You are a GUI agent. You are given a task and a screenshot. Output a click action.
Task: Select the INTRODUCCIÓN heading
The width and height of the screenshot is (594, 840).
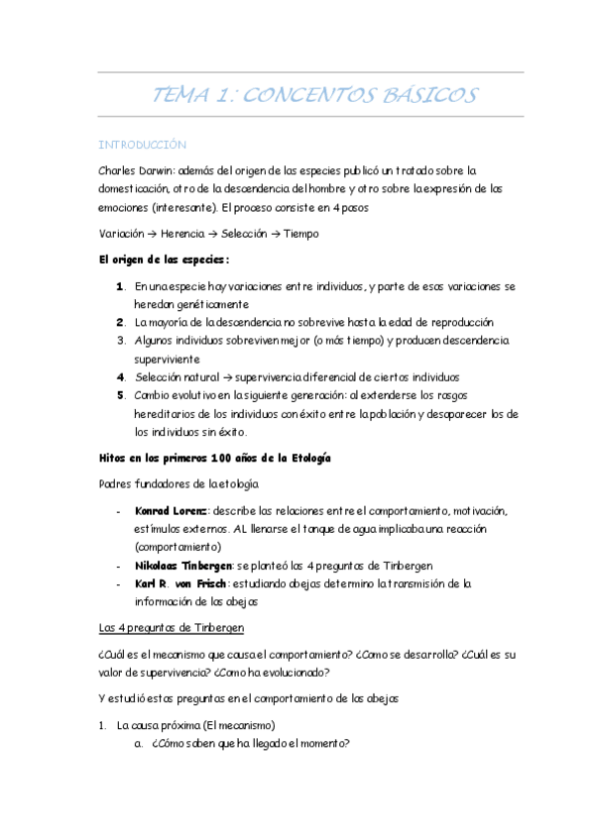click(x=144, y=145)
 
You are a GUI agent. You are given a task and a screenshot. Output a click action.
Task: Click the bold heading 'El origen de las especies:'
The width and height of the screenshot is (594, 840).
click(x=164, y=260)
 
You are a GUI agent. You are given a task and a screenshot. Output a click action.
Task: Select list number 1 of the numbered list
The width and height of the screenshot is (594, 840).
click(x=120, y=287)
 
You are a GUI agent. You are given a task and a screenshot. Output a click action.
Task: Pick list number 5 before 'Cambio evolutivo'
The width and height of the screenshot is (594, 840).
click(x=120, y=395)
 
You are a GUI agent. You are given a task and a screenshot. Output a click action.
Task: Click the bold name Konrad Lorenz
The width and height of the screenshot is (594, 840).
click(x=170, y=511)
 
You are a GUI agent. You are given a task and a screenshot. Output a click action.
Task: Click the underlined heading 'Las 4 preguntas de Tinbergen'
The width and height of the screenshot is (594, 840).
click(x=170, y=627)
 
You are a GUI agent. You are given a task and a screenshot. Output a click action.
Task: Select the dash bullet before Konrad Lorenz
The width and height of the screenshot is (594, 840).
click(x=118, y=511)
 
